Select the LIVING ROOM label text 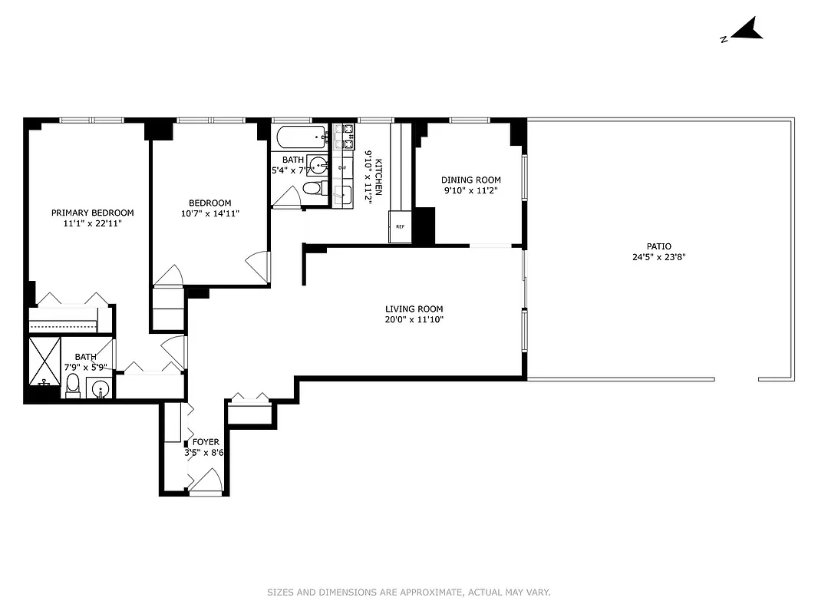coord(414,309)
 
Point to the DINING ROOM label coord(470,180)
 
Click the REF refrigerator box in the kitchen coord(400,227)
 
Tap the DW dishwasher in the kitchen coord(342,167)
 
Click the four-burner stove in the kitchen coord(343,137)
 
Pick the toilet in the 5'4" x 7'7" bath coord(312,188)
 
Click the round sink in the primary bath coord(100,389)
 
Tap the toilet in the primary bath coord(72,385)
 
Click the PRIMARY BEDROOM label coord(92,213)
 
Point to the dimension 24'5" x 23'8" coord(652,258)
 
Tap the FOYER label coord(205,442)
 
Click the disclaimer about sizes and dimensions coord(408,592)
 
